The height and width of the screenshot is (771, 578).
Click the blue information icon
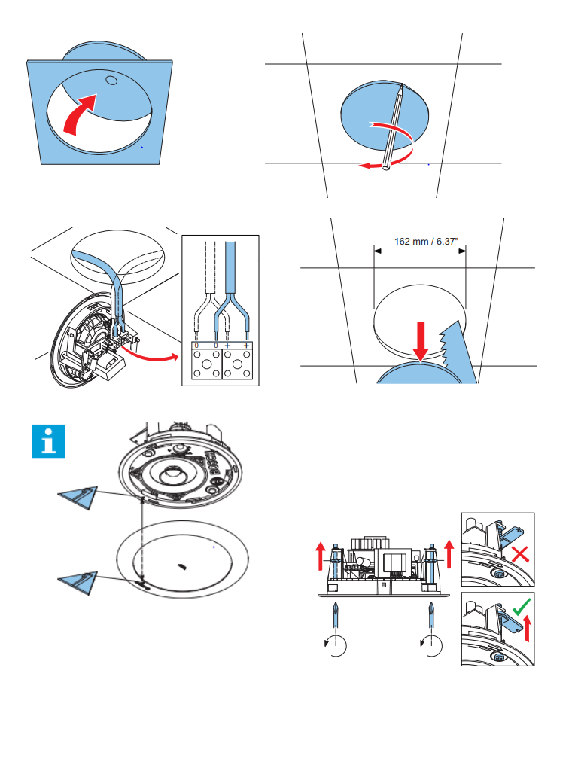coord(49,441)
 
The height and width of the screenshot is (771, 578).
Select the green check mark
coord(519,607)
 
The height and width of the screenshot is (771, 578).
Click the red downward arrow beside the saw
coord(420,340)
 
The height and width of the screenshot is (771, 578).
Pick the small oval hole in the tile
coord(111,80)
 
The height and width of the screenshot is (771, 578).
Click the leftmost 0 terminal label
coord(196,346)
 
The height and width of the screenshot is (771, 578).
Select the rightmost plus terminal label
coord(247,346)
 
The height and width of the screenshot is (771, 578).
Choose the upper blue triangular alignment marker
coord(78,497)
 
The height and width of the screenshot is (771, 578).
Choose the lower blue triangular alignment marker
coord(78,584)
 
